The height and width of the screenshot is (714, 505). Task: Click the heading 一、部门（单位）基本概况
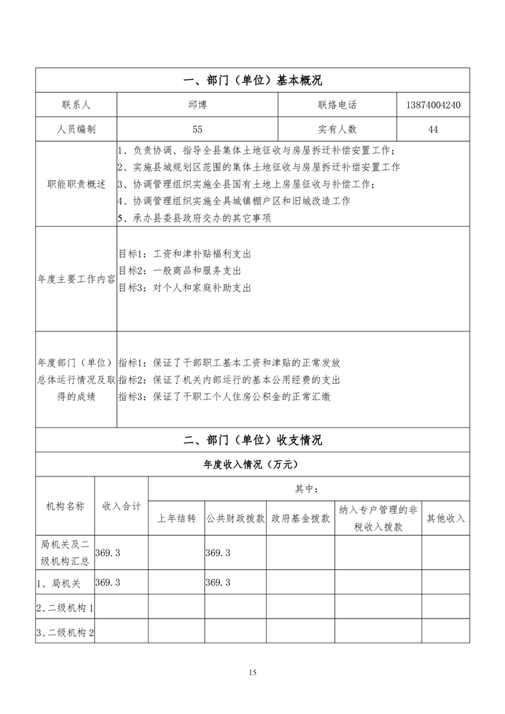click(x=253, y=81)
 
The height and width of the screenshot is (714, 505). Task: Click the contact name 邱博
click(x=197, y=105)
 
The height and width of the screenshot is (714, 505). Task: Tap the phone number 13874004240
click(x=434, y=105)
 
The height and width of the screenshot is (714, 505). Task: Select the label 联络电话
click(x=337, y=105)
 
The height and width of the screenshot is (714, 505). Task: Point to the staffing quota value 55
click(x=197, y=129)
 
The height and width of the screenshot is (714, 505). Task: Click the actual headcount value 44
click(x=434, y=129)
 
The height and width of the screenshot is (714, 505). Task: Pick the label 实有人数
click(x=337, y=129)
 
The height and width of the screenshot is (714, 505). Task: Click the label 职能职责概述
click(x=76, y=184)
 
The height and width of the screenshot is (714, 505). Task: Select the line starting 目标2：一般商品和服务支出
click(x=180, y=271)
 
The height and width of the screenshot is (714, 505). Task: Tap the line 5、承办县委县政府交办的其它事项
click(x=195, y=218)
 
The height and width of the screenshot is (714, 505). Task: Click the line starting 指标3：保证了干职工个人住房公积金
click(x=224, y=397)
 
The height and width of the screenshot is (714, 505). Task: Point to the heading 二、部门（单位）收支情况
click(x=253, y=440)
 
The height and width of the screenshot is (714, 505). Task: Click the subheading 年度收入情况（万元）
click(x=253, y=464)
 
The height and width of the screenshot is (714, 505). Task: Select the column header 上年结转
click(x=176, y=518)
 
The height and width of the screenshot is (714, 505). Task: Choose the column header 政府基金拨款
click(x=301, y=518)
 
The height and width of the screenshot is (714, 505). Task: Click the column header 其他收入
click(x=446, y=518)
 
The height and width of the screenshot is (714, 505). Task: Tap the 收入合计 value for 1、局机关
click(x=108, y=583)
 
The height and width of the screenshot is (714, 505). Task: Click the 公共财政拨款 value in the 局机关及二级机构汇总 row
click(x=218, y=553)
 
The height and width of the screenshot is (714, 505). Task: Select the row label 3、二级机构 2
click(x=65, y=632)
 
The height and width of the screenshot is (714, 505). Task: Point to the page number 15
click(x=253, y=672)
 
